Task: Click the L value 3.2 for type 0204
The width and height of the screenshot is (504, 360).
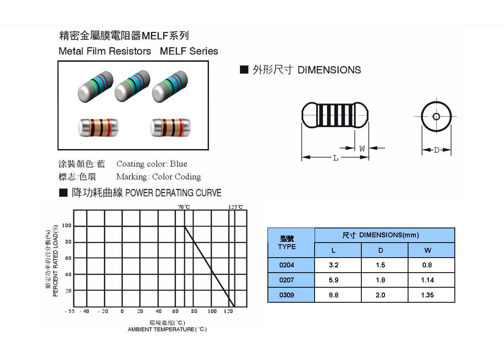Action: tap(333, 265)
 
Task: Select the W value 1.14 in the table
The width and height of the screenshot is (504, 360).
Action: tap(427, 280)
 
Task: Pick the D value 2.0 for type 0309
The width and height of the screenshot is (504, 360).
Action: tap(380, 295)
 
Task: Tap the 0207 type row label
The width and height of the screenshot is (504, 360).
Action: tap(287, 280)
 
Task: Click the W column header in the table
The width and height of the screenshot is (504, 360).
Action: tap(428, 250)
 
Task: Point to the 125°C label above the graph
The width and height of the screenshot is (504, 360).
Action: tap(235, 207)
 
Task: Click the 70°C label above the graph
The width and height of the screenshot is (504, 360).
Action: tap(184, 207)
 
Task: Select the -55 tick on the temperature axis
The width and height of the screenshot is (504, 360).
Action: tap(70, 312)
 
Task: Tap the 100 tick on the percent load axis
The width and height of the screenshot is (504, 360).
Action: tap(67, 226)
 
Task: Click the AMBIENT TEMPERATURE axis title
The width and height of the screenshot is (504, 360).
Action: tap(167, 330)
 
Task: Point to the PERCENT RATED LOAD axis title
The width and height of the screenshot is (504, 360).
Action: tap(56, 260)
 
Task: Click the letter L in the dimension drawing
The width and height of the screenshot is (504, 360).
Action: tap(336, 158)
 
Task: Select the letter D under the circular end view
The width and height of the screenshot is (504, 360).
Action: tap(437, 150)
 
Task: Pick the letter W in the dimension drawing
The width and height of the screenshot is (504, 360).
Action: tap(362, 149)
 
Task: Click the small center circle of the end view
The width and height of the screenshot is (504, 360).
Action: tap(436, 117)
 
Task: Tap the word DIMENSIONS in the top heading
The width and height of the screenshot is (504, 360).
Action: tap(329, 70)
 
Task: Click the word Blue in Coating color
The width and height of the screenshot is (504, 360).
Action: tap(178, 164)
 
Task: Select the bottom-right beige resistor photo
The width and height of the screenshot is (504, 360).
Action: tap(171, 127)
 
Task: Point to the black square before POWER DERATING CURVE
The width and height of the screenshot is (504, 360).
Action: tap(63, 193)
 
